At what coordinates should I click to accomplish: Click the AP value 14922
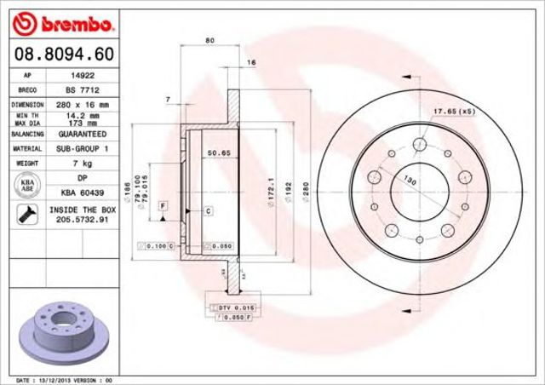(x=82, y=75)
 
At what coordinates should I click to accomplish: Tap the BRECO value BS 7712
(x=82, y=89)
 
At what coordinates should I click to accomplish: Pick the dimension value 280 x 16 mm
(x=82, y=104)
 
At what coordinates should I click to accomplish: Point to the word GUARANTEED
(x=82, y=135)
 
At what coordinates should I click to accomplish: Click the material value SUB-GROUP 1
(x=82, y=148)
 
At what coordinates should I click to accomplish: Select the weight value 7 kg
(x=82, y=163)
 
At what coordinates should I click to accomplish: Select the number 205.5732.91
(x=82, y=219)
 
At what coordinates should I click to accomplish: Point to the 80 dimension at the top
(x=209, y=41)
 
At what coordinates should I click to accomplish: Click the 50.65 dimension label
(x=221, y=153)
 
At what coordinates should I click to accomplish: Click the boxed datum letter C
(x=208, y=209)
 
